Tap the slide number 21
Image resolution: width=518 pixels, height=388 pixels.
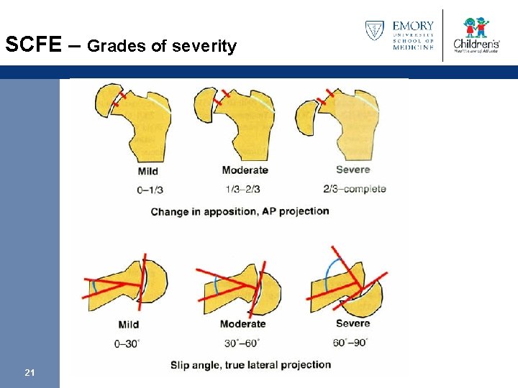(x=30, y=372)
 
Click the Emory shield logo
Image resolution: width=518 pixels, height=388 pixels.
(x=375, y=30)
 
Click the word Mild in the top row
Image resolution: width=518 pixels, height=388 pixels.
(x=147, y=171)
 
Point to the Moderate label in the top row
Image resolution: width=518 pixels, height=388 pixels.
(x=245, y=170)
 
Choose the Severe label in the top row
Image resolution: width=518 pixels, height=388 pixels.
(x=353, y=170)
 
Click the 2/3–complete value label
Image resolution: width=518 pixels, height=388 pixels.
(x=355, y=189)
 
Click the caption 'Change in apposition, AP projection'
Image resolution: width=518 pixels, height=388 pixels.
(x=240, y=211)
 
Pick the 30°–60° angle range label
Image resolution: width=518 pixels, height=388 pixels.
(x=242, y=343)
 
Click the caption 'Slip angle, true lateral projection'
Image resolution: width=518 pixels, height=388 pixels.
(x=250, y=365)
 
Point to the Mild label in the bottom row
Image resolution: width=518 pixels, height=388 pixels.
(x=128, y=324)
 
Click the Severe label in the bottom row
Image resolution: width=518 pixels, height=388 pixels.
(x=353, y=323)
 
